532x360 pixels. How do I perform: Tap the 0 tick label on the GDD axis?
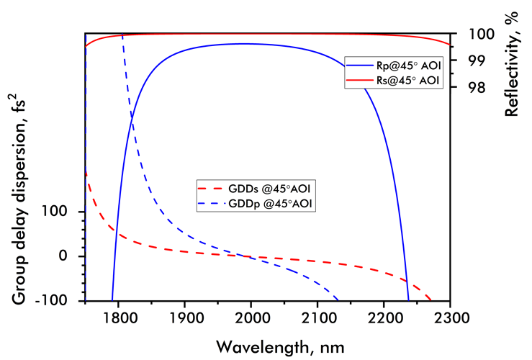[72, 256]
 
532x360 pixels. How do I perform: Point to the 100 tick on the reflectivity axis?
[475, 34]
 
